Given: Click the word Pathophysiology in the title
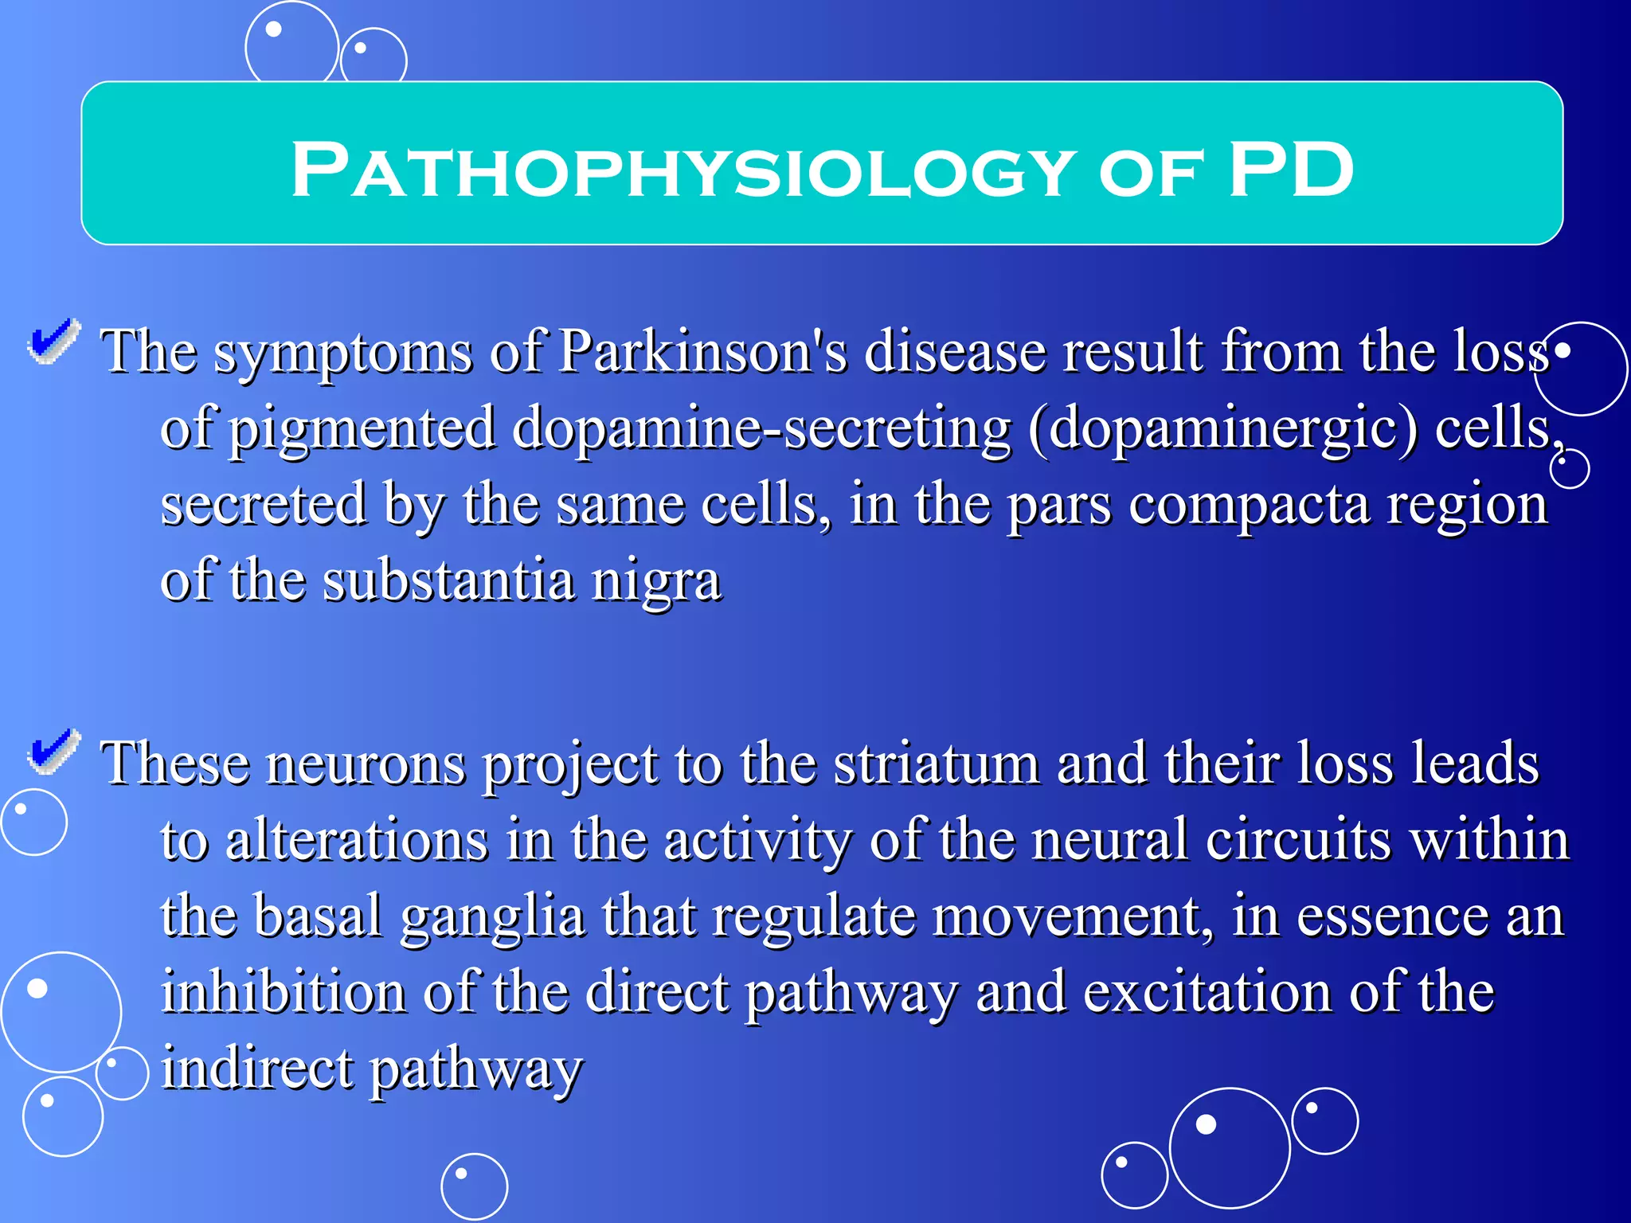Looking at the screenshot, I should (x=683, y=170).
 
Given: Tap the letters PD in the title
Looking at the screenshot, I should (x=1290, y=170).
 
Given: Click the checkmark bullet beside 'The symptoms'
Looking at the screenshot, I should (x=54, y=343).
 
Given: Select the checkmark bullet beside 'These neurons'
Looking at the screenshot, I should (x=54, y=752).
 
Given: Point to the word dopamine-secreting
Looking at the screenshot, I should (x=761, y=428).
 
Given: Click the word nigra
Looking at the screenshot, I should (x=656, y=581).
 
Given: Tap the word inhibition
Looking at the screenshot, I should (x=283, y=993).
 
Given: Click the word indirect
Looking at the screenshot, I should (x=257, y=1069).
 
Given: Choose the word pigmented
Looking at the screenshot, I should (x=362, y=429).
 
